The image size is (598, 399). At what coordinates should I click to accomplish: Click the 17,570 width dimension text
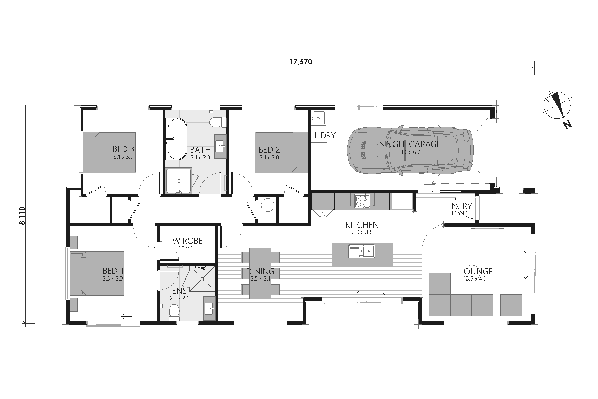tap(301, 62)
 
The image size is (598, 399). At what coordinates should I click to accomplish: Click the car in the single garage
tap(410, 151)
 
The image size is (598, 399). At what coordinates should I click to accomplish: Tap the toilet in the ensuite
tap(174, 313)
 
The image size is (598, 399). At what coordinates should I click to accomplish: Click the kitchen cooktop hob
tap(362, 201)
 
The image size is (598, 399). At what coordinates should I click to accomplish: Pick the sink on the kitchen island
tap(362, 251)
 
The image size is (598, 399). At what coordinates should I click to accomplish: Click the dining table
tap(260, 273)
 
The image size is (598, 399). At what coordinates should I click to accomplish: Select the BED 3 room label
tap(123, 149)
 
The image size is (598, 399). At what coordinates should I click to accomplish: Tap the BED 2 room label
tap(269, 149)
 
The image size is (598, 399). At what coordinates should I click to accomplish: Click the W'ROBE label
tap(187, 241)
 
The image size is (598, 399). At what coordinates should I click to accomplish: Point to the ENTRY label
tap(459, 206)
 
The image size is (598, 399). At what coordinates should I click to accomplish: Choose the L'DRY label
tap(325, 136)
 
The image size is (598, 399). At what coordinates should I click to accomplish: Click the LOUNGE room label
tap(476, 271)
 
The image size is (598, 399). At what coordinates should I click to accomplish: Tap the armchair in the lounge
tap(511, 305)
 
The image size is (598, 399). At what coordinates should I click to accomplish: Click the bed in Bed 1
tap(97, 273)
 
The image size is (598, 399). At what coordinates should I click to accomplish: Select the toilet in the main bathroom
tap(217, 122)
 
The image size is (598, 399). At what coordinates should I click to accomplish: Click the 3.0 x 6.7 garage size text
tap(410, 152)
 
